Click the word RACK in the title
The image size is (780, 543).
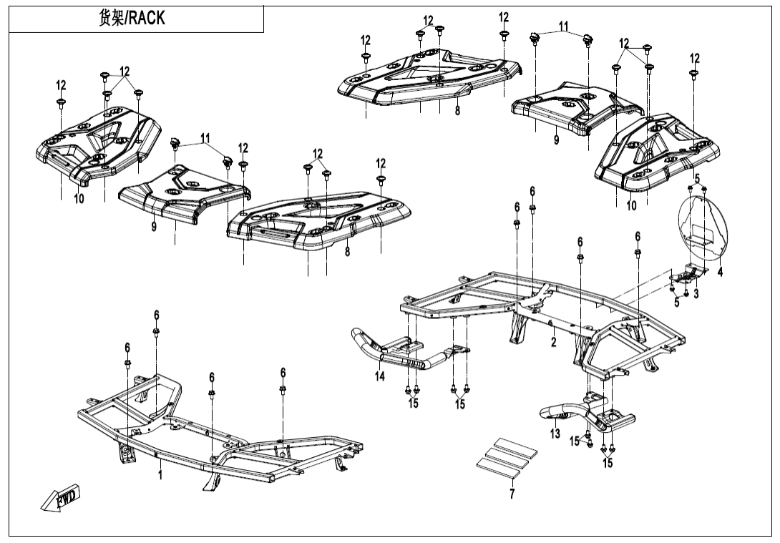(x=147, y=19)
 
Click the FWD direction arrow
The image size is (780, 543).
(x=62, y=497)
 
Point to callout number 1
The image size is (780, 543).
(x=160, y=474)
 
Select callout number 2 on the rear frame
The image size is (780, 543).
(x=553, y=343)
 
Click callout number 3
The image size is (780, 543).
(x=696, y=293)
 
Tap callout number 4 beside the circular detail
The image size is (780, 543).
(x=720, y=272)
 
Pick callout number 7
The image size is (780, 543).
(x=512, y=494)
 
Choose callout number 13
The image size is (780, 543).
(x=555, y=433)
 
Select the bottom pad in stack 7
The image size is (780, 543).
(x=501, y=466)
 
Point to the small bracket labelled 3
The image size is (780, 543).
(x=688, y=273)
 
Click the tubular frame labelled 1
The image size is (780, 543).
(x=215, y=447)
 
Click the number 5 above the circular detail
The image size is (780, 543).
(x=696, y=178)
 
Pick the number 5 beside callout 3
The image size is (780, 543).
(x=677, y=303)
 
